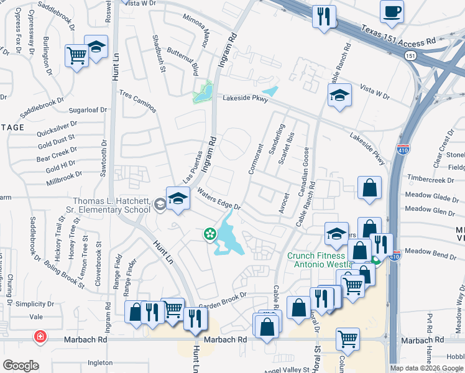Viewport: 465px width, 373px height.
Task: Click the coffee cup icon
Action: pos(392,12)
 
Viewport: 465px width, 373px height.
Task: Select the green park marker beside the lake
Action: pos(210,234)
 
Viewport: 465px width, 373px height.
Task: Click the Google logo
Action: pos(21,366)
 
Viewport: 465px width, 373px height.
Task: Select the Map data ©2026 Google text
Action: pos(426,368)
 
